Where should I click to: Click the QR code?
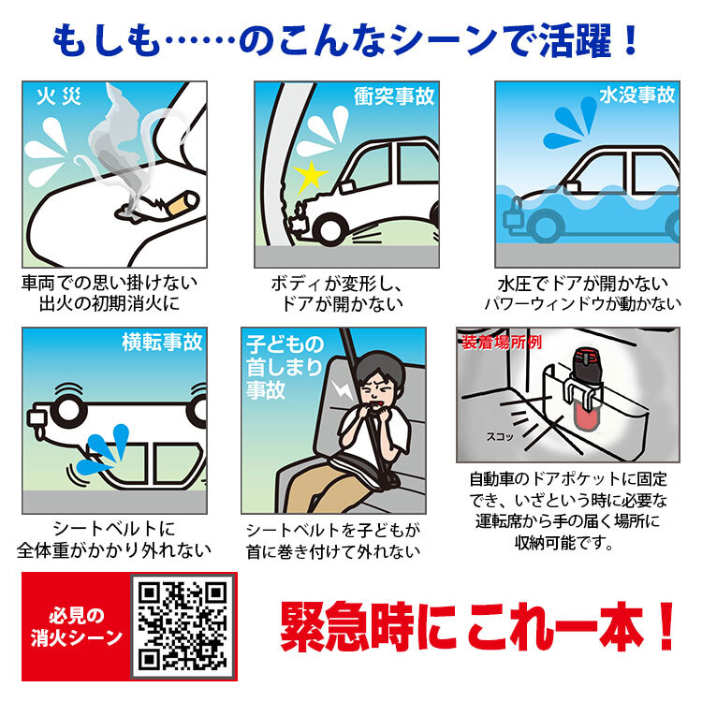[183, 626]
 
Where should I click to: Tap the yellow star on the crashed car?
[310, 177]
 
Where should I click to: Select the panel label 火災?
[59, 96]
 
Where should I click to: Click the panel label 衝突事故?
[394, 95]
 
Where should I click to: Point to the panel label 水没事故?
[637, 95]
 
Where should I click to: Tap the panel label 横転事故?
[162, 342]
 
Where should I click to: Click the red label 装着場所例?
[502, 343]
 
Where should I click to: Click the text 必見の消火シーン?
[77, 626]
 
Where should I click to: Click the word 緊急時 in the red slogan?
[347, 626]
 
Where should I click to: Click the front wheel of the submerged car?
[546, 226]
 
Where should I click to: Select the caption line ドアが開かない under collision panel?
[342, 304]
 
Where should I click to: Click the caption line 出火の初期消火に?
[110, 303]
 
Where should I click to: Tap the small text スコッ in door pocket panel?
[500, 436]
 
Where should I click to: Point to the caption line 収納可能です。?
[563, 543]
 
